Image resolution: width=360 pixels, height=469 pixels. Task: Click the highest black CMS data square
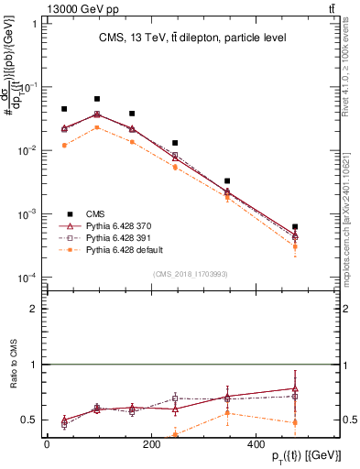click(x=96, y=98)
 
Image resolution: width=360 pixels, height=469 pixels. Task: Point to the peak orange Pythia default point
click(x=96, y=127)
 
